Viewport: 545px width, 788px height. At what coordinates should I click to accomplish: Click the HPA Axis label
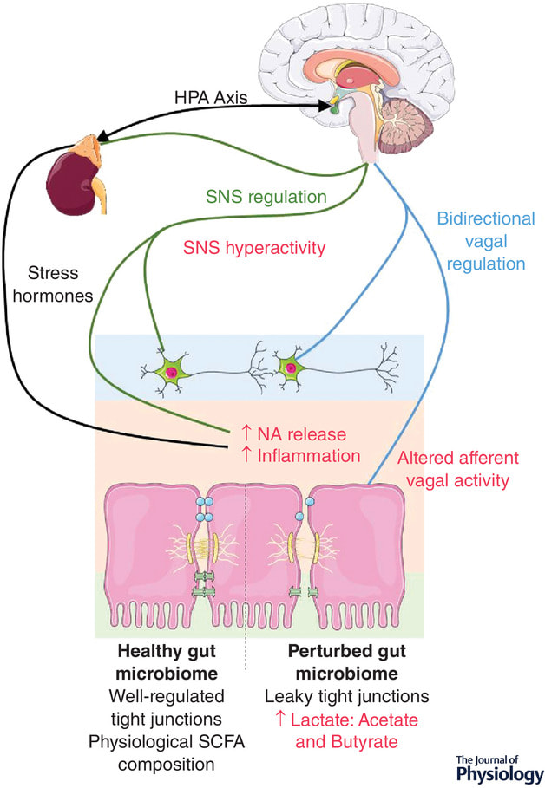coord(211,97)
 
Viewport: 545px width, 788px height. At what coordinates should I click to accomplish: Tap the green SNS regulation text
coord(266,197)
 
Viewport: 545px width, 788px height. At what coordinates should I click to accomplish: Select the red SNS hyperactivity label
coord(254,248)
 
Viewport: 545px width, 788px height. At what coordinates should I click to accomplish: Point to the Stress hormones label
coord(53,284)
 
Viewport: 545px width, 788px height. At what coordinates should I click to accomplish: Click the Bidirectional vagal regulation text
coord(486,241)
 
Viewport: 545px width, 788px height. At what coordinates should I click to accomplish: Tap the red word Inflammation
coord(308,456)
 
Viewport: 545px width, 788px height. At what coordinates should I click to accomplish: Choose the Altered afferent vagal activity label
coord(458,469)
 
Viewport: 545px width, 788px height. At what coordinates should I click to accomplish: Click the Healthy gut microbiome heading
coord(167,661)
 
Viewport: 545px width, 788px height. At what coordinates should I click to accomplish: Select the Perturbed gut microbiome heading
coord(347,661)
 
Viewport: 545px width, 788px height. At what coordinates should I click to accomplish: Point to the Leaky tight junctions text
coord(347,696)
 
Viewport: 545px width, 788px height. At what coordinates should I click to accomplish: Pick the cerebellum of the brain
coord(407,124)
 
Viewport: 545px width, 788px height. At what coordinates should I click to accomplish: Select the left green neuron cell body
coord(171,371)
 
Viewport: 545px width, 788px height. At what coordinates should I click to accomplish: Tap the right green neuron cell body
coord(291,368)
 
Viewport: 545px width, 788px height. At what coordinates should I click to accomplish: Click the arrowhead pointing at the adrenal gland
coord(105,136)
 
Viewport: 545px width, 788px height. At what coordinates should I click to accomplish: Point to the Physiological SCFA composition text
coord(167,753)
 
